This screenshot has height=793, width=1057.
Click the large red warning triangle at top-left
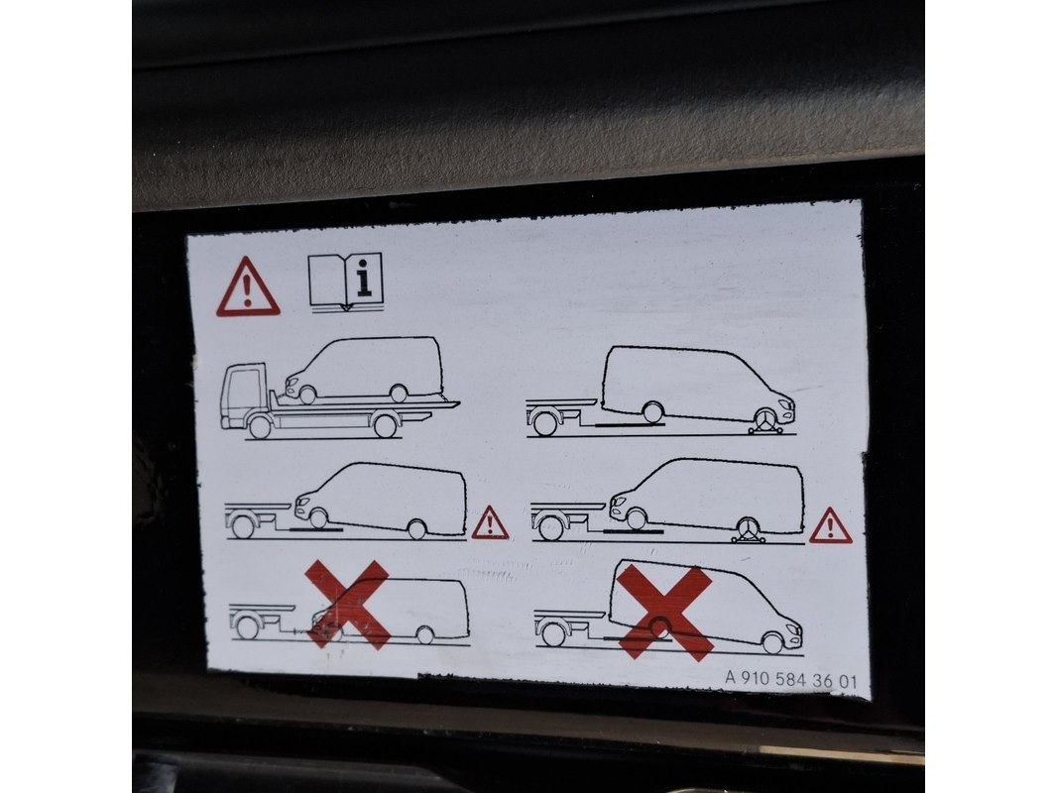[x=248, y=287]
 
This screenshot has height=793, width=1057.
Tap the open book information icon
[x=346, y=282]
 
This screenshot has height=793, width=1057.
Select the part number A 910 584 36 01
[x=790, y=679]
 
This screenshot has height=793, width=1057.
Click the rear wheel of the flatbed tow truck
[x=385, y=426]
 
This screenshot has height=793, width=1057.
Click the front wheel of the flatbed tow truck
[x=260, y=427]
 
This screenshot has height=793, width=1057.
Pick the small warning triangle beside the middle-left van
[x=490, y=522]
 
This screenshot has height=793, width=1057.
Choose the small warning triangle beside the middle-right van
[x=831, y=525]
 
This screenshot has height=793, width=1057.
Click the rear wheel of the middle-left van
[x=417, y=529]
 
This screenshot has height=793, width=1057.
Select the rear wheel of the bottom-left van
[x=424, y=634]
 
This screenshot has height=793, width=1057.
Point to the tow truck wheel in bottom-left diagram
[x=248, y=627]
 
